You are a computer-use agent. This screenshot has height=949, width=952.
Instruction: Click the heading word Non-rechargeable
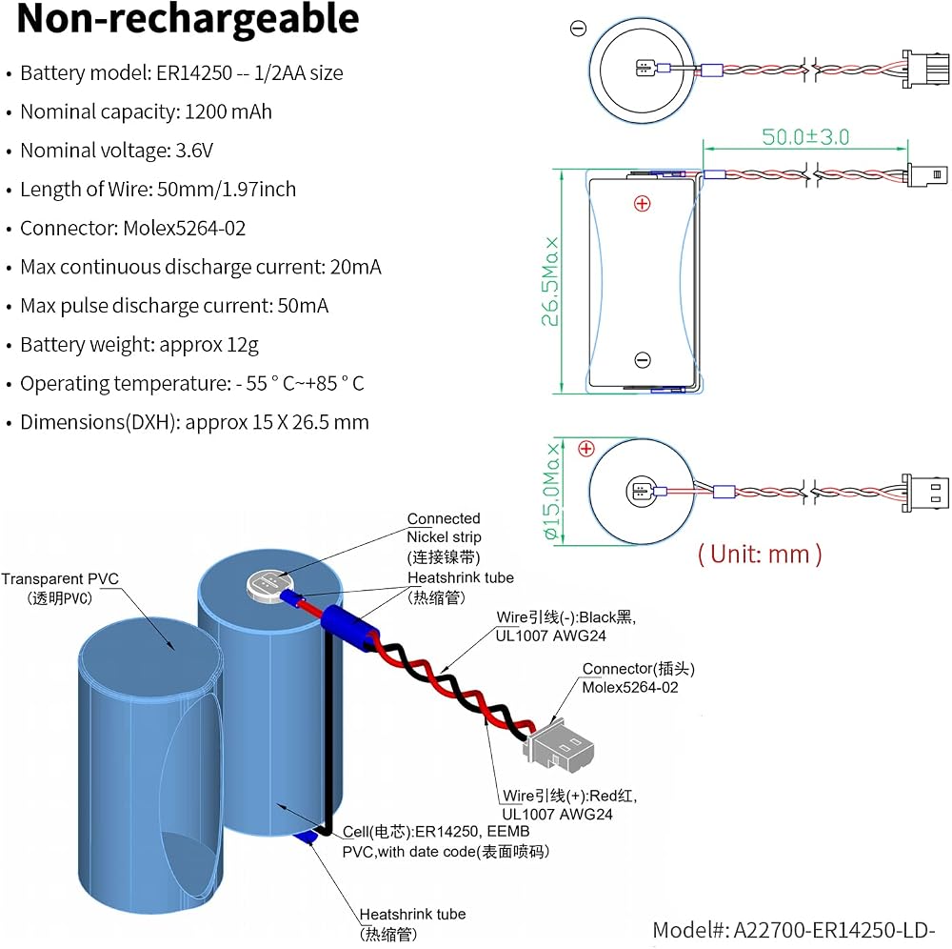coord(188,19)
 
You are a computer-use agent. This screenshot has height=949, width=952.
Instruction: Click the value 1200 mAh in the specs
coord(228,111)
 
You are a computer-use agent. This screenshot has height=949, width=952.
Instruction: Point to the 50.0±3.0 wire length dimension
coord(805,136)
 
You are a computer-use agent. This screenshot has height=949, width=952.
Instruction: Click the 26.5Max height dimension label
coord(550,281)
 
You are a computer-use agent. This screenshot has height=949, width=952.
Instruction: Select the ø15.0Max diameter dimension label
coord(551,491)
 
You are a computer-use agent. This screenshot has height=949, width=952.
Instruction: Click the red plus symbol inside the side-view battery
coord(642,204)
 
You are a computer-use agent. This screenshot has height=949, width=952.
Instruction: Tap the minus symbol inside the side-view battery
coord(643,360)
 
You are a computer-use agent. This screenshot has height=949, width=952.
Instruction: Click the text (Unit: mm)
coord(760,555)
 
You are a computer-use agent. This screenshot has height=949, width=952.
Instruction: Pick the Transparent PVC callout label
coord(59,588)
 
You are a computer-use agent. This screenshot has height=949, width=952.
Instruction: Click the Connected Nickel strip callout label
coord(444,537)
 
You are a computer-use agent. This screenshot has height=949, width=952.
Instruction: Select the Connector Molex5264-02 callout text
coord(638,678)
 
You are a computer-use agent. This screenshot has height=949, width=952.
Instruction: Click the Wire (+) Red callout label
coord(569,805)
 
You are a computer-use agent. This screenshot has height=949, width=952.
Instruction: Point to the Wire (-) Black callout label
coord(565,626)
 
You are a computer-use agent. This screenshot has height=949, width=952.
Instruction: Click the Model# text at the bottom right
coord(794,930)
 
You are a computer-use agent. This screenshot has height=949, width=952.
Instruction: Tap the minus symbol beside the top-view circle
coord(578,28)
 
